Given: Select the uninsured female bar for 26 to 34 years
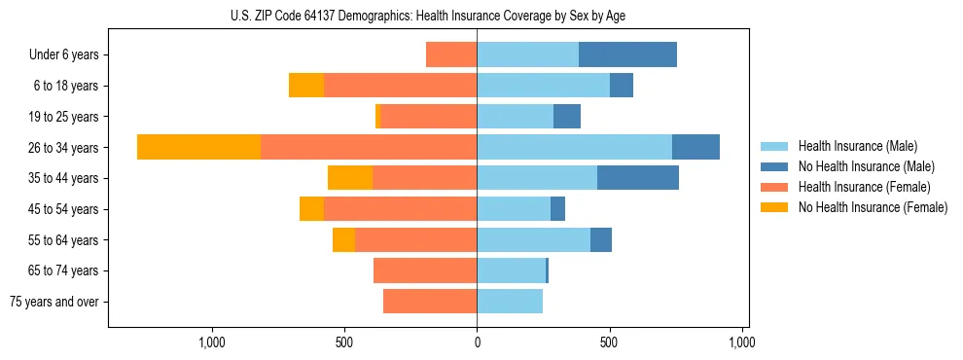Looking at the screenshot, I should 198,147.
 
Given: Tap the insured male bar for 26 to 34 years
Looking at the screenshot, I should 574,147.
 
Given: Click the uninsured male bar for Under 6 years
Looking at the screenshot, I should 627,54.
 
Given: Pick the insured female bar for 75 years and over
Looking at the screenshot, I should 430,302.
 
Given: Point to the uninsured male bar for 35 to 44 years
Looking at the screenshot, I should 638,178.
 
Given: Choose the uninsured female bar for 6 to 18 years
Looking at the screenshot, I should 306,86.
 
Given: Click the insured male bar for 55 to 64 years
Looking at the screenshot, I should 533,239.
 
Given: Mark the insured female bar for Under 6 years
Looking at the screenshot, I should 451,54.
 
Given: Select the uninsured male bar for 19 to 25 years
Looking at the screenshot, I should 567,117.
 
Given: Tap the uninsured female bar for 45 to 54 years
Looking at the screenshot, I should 311,209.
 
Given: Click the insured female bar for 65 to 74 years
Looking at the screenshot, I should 425,270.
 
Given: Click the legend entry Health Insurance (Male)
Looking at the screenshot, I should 857,146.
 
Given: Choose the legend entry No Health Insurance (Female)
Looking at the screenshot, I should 873,207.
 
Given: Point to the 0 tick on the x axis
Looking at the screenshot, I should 477,342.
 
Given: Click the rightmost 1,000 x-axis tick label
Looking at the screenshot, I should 741,342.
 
